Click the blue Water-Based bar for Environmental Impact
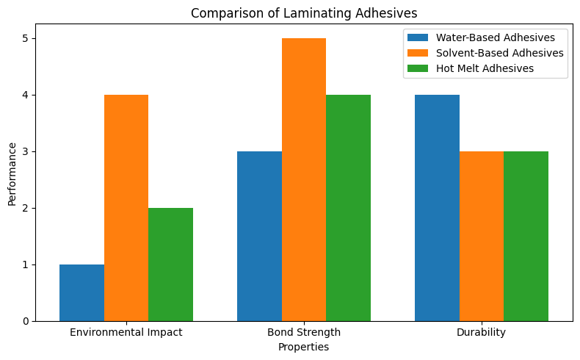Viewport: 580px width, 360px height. click(81, 292)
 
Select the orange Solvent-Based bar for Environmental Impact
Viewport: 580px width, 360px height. click(126, 208)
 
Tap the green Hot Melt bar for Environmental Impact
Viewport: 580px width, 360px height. click(170, 264)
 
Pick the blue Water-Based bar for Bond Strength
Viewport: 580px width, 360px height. click(259, 236)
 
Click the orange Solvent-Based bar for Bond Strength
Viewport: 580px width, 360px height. click(304, 180)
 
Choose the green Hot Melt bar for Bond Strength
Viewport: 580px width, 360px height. click(348, 208)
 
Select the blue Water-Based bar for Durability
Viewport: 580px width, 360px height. click(437, 208)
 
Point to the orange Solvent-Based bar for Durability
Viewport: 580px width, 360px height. click(482, 236)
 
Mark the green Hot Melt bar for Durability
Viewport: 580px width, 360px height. click(526, 236)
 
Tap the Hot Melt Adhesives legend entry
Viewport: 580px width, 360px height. click(485, 68)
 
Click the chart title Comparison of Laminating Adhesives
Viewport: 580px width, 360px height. click(303, 12)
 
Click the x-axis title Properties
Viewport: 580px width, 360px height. click(303, 347)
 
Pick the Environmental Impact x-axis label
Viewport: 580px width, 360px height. click(126, 332)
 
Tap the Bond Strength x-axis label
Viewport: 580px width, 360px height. click(304, 332)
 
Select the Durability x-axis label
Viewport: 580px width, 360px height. click(482, 332)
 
